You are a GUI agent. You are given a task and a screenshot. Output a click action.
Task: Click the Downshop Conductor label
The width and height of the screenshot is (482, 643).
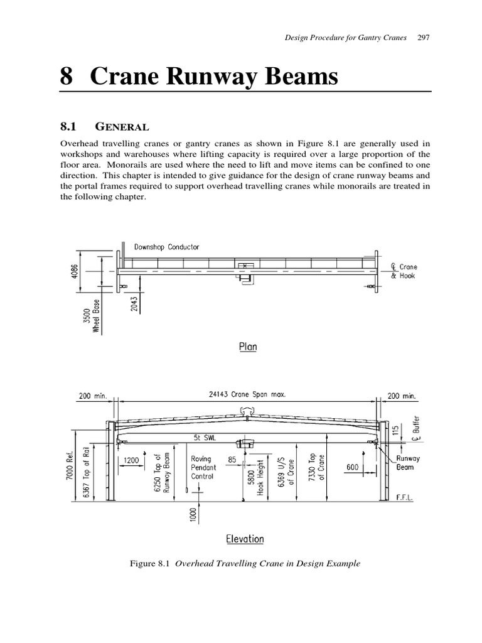tap(166, 247)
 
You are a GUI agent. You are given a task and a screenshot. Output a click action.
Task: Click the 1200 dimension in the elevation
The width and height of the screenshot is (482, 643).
tap(132, 460)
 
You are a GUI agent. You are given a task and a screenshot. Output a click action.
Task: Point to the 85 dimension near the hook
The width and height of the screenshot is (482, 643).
tap(232, 460)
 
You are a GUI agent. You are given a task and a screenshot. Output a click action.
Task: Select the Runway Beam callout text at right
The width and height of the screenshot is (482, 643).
tap(408, 463)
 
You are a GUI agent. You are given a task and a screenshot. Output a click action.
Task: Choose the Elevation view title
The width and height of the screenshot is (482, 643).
tap(244, 539)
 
